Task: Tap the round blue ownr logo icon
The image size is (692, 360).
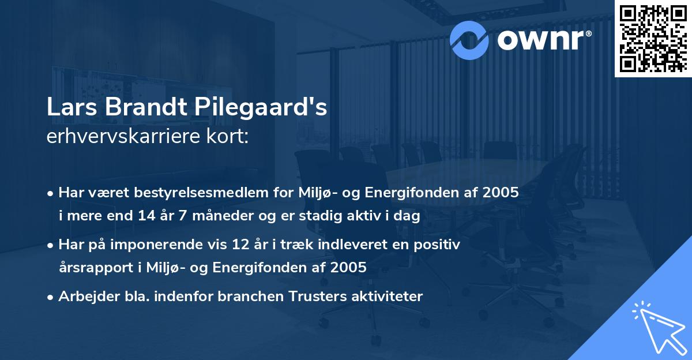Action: click(x=469, y=40)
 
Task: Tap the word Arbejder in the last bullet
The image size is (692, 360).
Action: click(x=84, y=297)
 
